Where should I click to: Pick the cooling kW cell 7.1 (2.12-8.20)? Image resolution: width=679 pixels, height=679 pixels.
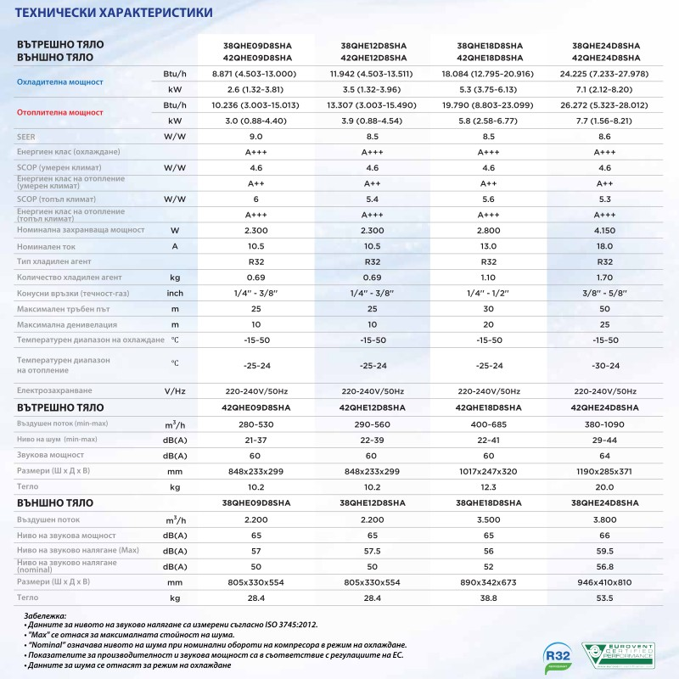pyautogui.click(x=605, y=88)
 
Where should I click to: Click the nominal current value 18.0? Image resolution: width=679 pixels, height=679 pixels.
pyautogui.click(x=605, y=246)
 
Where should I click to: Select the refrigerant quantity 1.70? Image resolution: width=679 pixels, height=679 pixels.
pyautogui.click(x=605, y=278)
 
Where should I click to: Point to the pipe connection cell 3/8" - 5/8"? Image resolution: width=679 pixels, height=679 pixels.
pyautogui.click(x=605, y=293)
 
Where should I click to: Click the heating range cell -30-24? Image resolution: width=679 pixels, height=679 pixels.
pyautogui.click(x=605, y=366)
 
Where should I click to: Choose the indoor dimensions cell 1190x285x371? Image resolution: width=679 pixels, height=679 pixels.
pyautogui.click(x=605, y=471)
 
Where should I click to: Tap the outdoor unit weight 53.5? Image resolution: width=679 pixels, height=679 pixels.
pyautogui.click(x=605, y=598)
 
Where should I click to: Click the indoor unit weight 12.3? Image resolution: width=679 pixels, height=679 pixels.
pyautogui.click(x=489, y=487)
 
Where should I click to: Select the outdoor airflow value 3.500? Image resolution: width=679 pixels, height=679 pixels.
pyautogui.click(x=489, y=519)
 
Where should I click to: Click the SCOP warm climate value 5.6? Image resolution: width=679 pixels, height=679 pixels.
pyautogui.click(x=489, y=199)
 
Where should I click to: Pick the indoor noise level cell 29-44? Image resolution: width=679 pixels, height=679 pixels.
pyautogui.click(x=605, y=439)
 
